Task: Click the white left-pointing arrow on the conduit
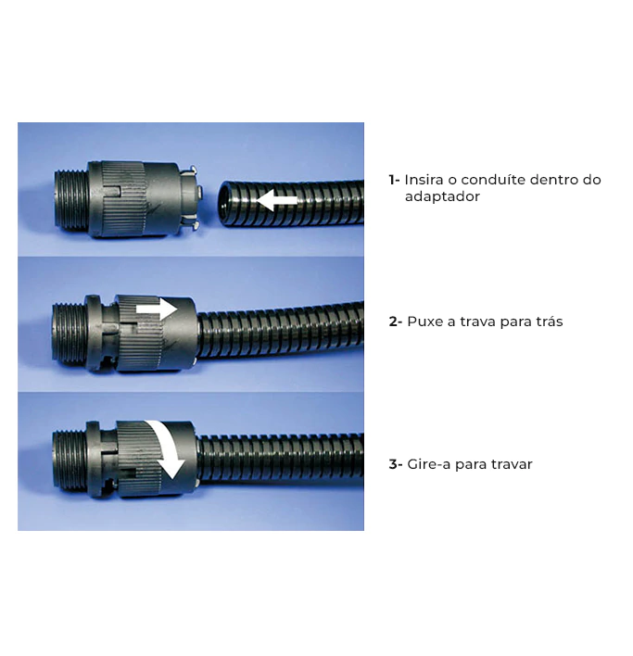coord(276,200)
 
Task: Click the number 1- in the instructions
coord(394,180)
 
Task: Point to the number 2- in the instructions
coord(396,322)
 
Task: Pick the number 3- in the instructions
coord(396,464)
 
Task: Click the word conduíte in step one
coord(493,180)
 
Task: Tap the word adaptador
coord(442,196)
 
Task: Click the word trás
coord(548,322)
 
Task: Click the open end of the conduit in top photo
coord(226,203)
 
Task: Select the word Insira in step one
coord(424,180)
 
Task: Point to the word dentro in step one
coord(553,180)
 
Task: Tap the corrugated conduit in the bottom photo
coord(280,456)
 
